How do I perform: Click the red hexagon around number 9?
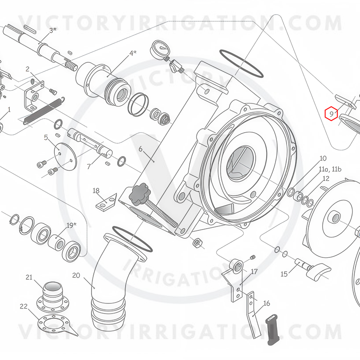pyautogui.click(x=331, y=113)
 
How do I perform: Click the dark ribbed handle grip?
pyautogui.click(x=272, y=329)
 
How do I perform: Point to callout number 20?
pyautogui.click(x=76, y=275)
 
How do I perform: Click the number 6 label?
pyautogui.click(x=141, y=149)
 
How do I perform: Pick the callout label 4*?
pyautogui.click(x=133, y=53)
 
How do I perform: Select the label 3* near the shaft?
pyautogui.click(x=53, y=31)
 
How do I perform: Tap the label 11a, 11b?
pyautogui.click(x=330, y=169)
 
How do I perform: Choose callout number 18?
pyautogui.click(x=96, y=191)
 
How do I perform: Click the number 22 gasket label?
pyautogui.click(x=23, y=306)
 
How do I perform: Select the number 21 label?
pyautogui.click(x=29, y=277)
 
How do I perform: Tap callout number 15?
pyautogui.click(x=284, y=274)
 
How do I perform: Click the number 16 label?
pyautogui.click(x=266, y=303)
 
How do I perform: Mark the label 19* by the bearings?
pyautogui.click(x=71, y=225)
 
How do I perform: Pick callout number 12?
pyautogui.click(x=326, y=178)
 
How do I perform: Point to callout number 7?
pyautogui.click(x=89, y=166)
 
